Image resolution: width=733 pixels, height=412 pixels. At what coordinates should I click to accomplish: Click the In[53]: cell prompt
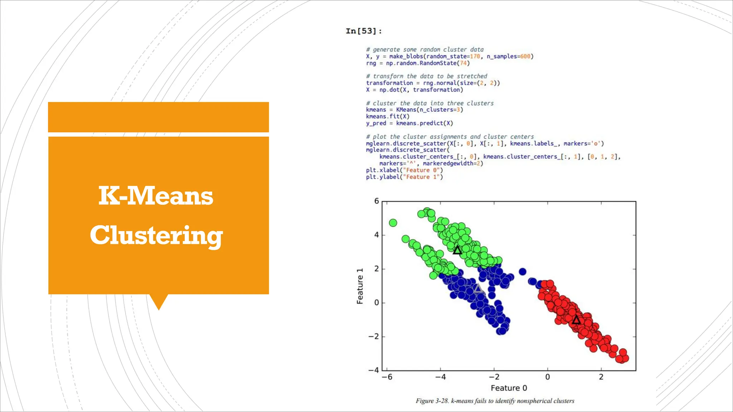pos(364,31)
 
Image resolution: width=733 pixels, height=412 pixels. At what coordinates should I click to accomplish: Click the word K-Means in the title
pos(156,196)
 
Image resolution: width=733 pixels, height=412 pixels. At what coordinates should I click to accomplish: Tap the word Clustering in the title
pos(156,235)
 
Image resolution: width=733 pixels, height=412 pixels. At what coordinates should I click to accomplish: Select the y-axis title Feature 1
pos(360,286)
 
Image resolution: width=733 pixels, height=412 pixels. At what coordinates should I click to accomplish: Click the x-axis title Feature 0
pos(509,388)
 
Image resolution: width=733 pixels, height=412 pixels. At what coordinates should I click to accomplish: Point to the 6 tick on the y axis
pos(377,201)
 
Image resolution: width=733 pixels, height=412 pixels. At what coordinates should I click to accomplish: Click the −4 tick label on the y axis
pos(374,370)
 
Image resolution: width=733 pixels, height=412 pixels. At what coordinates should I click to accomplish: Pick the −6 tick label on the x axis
pos(387,377)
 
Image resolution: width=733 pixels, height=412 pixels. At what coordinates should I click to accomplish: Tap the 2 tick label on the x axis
pos(601,377)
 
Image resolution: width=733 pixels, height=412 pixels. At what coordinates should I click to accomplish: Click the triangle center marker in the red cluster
pos(576,320)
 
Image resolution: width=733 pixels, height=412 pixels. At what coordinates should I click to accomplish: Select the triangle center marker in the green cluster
pos(457,250)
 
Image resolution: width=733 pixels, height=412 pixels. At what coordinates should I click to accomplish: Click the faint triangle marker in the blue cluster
pos(478,289)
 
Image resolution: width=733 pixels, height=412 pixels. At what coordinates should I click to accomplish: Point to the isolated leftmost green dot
pos(393,223)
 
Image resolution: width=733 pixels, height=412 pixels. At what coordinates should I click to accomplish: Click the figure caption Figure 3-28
pos(495,401)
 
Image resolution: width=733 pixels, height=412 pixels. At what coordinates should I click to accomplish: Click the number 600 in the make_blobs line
pos(525,57)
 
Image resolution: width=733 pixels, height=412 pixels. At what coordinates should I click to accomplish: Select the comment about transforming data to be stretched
pos(426,76)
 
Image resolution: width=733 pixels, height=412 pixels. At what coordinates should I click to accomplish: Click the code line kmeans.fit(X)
pos(387,117)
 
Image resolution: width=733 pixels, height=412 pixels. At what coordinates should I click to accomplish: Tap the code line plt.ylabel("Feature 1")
pos(404,177)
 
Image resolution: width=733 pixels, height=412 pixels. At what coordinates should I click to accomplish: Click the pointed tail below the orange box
pos(159,301)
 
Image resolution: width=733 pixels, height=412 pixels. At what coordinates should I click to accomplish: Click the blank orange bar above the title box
pos(158,117)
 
